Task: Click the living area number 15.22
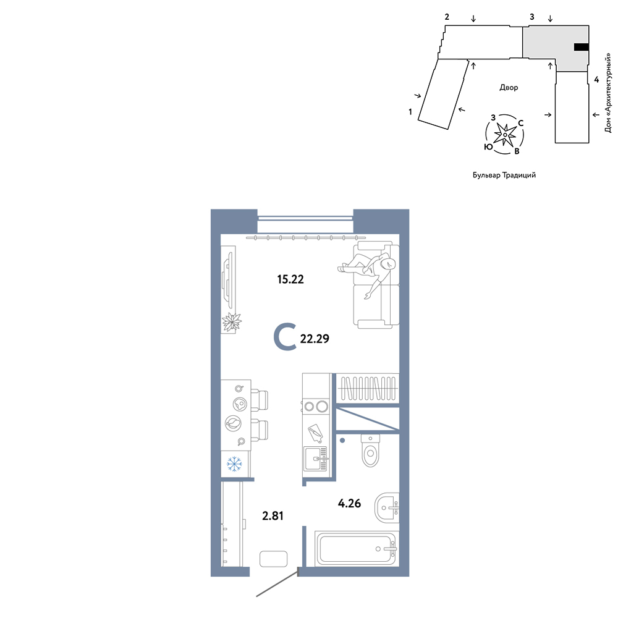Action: click(x=290, y=279)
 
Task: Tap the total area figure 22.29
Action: click(x=315, y=339)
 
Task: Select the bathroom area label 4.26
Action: click(x=349, y=503)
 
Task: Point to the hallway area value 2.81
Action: click(x=273, y=515)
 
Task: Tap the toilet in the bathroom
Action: click(x=370, y=451)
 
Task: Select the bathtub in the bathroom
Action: click(x=357, y=548)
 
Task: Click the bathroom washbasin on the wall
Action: click(x=387, y=507)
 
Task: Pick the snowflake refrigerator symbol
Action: click(x=234, y=464)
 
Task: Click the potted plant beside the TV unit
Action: click(x=231, y=323)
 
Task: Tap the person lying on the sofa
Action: click(x=366, y=272)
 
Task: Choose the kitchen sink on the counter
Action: click(x=315, y=459)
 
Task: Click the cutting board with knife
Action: click(x=315, y=433)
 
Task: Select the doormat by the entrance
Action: click(x=274, y=559)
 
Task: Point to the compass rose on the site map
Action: click(x=505, y=135)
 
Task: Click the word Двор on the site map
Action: click(x=509, y=88)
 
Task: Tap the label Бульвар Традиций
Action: click(x=504, y=175)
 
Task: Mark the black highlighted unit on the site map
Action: click(x=582, y=48)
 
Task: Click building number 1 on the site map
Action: click(x=410, y=112)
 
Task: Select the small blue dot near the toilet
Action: click(x=342, y=440)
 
